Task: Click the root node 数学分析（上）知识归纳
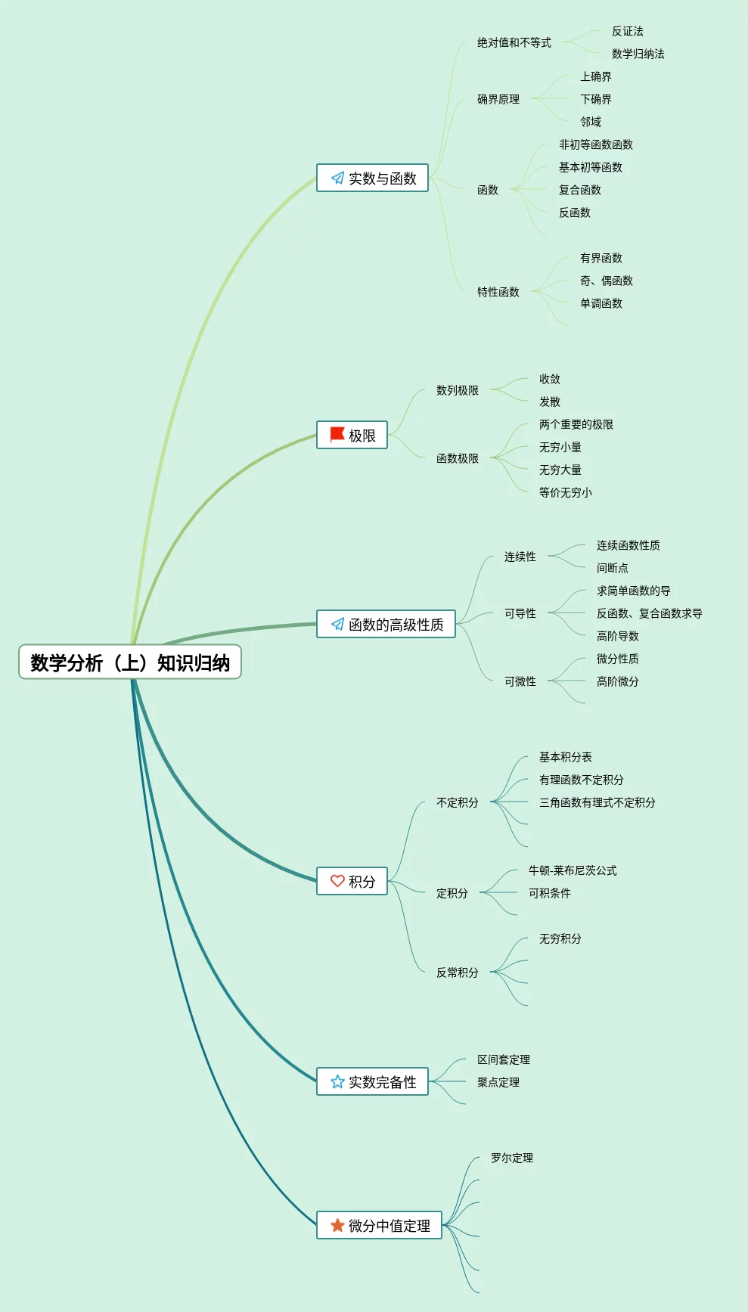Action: pyautogui.click(x=130, y=662)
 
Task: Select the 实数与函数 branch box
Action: pyautogui.click(x=372, y=178)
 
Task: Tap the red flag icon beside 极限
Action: pyautogui.click(x=337, y=435)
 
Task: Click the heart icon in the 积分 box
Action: pyautogui.click(x=337, y=881)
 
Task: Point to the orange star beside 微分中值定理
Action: pyautogui.click(x=337, y=1225)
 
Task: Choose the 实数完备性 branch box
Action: pyautogui.click(x=372, y=1082)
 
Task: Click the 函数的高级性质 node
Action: pyautogui.click(x=386, y=625)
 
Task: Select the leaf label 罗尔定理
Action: pyautogui.click(x=512, y=1158)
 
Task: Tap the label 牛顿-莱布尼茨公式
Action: pyautogui.click(x=573, y=870)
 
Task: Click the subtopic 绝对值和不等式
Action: pyautogui.click(x=514, y=42)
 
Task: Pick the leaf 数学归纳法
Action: pyautogui.click(x=638, y=54)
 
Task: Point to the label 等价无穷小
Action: pyautogui.click(x=566, y=492)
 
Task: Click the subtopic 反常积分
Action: pyautogui.click(x=458, y=972)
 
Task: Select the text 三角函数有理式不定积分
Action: pyautogui.click(x=597, y=802)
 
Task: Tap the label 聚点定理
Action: pyautogui.click(x=498, y=1082)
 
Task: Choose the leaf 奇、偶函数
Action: pyautogui.click(x=607, y=281)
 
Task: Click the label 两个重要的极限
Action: pyautogui.click(x=576, y=424)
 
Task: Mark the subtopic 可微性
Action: pyautogui.click(x=520, y=681)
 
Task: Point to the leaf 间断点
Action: pyautogui.click(x=613, y=568)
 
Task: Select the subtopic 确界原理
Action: pyautogui.click(x=498, y=99)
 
